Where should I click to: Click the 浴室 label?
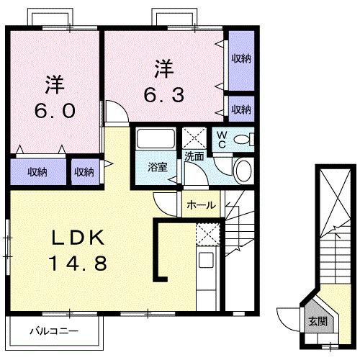(x=157, y=167)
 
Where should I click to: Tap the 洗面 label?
(x=194, y=155)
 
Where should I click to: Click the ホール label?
(x=200, y=205)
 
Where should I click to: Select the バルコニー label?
(x=54, y=332)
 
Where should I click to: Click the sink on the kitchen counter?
(x=205, y=260)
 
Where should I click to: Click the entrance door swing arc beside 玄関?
(x=287, y=317)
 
